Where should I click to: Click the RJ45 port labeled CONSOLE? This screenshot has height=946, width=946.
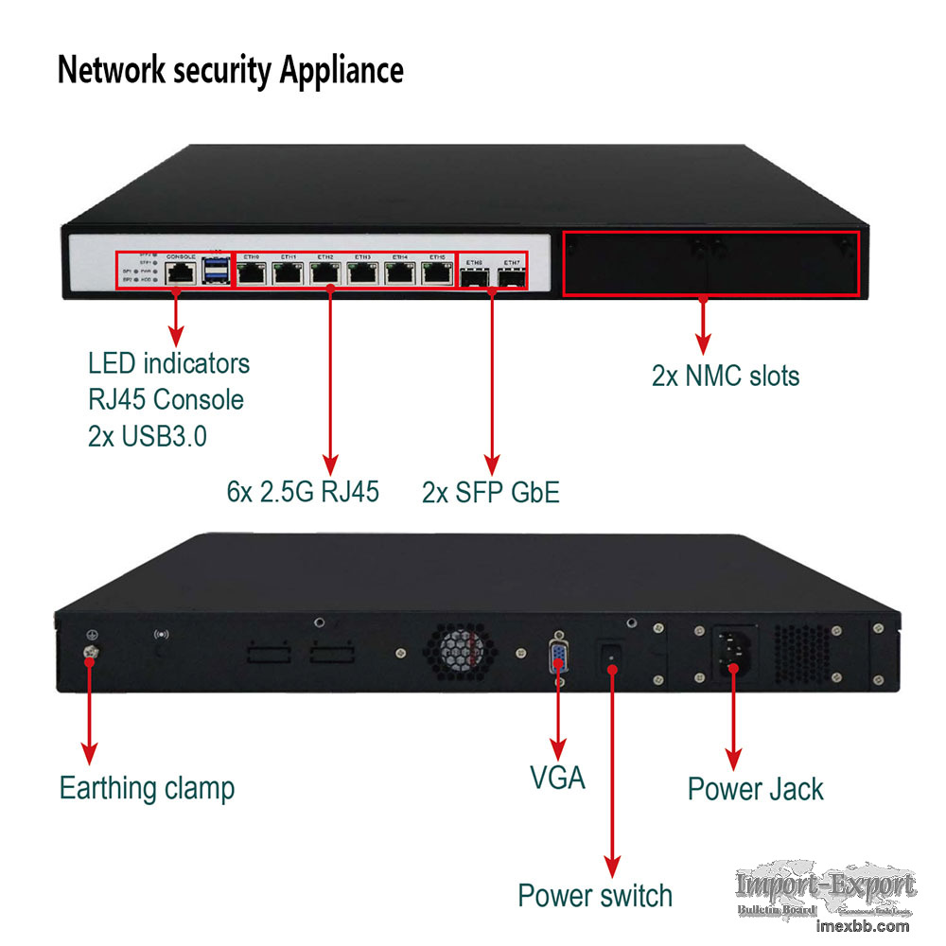point(179,273)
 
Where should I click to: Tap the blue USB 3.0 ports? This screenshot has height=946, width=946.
point(216,272)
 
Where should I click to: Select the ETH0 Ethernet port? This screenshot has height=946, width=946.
point(252,273)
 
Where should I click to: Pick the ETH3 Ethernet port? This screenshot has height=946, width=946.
point(362,273)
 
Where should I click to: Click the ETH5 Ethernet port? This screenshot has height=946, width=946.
point(436,273)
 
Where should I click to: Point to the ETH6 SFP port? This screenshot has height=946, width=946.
point(476,277)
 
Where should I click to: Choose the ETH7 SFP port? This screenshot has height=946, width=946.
point(512,277)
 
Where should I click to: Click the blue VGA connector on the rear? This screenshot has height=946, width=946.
point(559,657)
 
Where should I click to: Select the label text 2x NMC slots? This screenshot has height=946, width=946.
point(725,376)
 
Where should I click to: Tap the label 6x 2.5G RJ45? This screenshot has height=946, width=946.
point(303,492)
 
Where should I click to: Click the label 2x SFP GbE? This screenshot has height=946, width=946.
point(490,492)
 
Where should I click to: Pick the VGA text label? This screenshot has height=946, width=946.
point(557,779)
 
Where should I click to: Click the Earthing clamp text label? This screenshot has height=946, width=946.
point(147,787)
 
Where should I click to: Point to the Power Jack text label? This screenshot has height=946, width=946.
point(755,789)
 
